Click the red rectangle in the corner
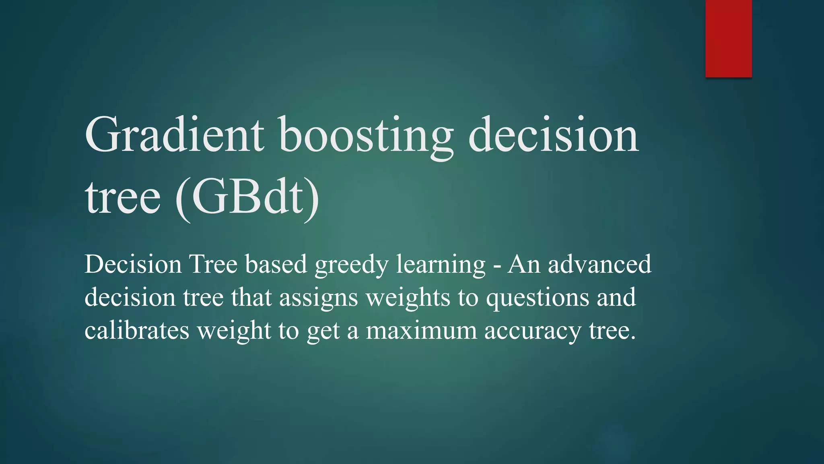tap(728, 38)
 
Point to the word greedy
tap(351, 266)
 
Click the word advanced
tap(599, 264)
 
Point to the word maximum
tap(421, 331)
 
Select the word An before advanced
tap(523, 264)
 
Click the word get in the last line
tap(323, 333)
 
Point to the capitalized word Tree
tap(213, 264)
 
